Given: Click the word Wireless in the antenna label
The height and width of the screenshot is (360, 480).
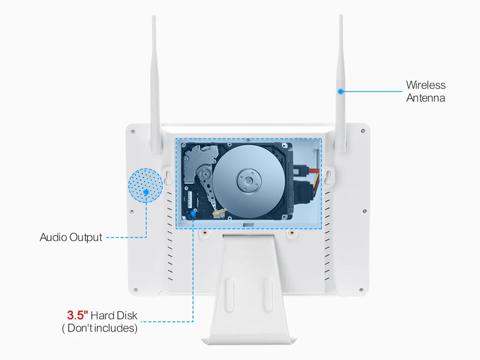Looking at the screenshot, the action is (x=425, y=85).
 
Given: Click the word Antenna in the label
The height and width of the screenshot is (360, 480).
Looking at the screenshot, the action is (x=425, y=98).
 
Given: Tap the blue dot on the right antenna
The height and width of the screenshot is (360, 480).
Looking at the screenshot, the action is (x=341, y=92).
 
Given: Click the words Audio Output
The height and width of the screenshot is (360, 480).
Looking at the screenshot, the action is (x=71, y=237).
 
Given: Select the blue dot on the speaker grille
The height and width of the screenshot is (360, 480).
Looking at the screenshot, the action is (x=146, y=191).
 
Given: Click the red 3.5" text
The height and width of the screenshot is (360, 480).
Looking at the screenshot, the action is (x=77, y=316).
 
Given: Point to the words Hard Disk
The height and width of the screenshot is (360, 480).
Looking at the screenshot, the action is (x=114, y=316).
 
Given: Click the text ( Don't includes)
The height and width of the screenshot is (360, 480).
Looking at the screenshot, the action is (x=99, y=328).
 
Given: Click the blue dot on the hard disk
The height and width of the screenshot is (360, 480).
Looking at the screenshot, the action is (x=193, y=213).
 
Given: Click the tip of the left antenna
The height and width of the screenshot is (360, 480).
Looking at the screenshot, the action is (x=154, y=18).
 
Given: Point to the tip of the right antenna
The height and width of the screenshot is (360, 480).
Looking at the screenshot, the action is (x=341, y=17).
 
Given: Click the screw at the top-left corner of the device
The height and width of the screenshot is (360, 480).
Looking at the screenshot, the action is (x=132, y=131).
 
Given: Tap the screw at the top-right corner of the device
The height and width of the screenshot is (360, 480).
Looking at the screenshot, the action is (x=363, y=131).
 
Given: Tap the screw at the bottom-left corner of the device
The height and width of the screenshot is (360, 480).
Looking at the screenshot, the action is (x=135, y=289).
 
